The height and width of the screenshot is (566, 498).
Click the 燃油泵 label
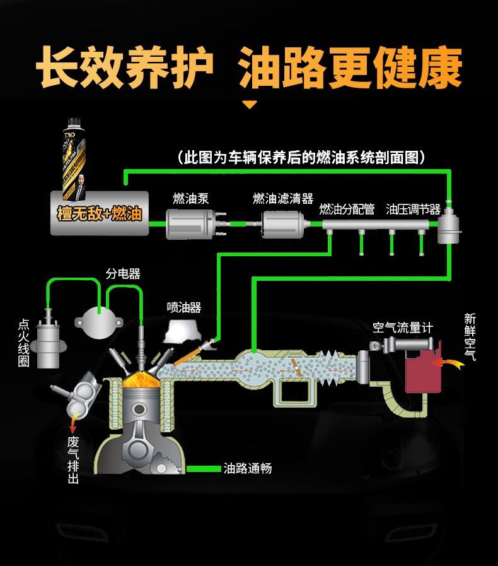coord(190,199)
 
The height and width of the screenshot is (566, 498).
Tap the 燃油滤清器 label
coord(283,199)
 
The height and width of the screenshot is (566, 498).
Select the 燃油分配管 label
coord(347,209)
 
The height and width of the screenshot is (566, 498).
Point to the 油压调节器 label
coord(413,209)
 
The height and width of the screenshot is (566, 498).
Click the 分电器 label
coord(123,273)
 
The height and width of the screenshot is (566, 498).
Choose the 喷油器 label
coord(184,307)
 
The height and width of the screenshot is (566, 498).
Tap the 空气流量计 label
coord(403,327)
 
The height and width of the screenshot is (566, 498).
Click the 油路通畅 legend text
coord(248,469)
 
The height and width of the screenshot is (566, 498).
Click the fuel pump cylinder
coord(191,224)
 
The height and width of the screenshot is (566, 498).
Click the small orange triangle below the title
coord(250,105)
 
